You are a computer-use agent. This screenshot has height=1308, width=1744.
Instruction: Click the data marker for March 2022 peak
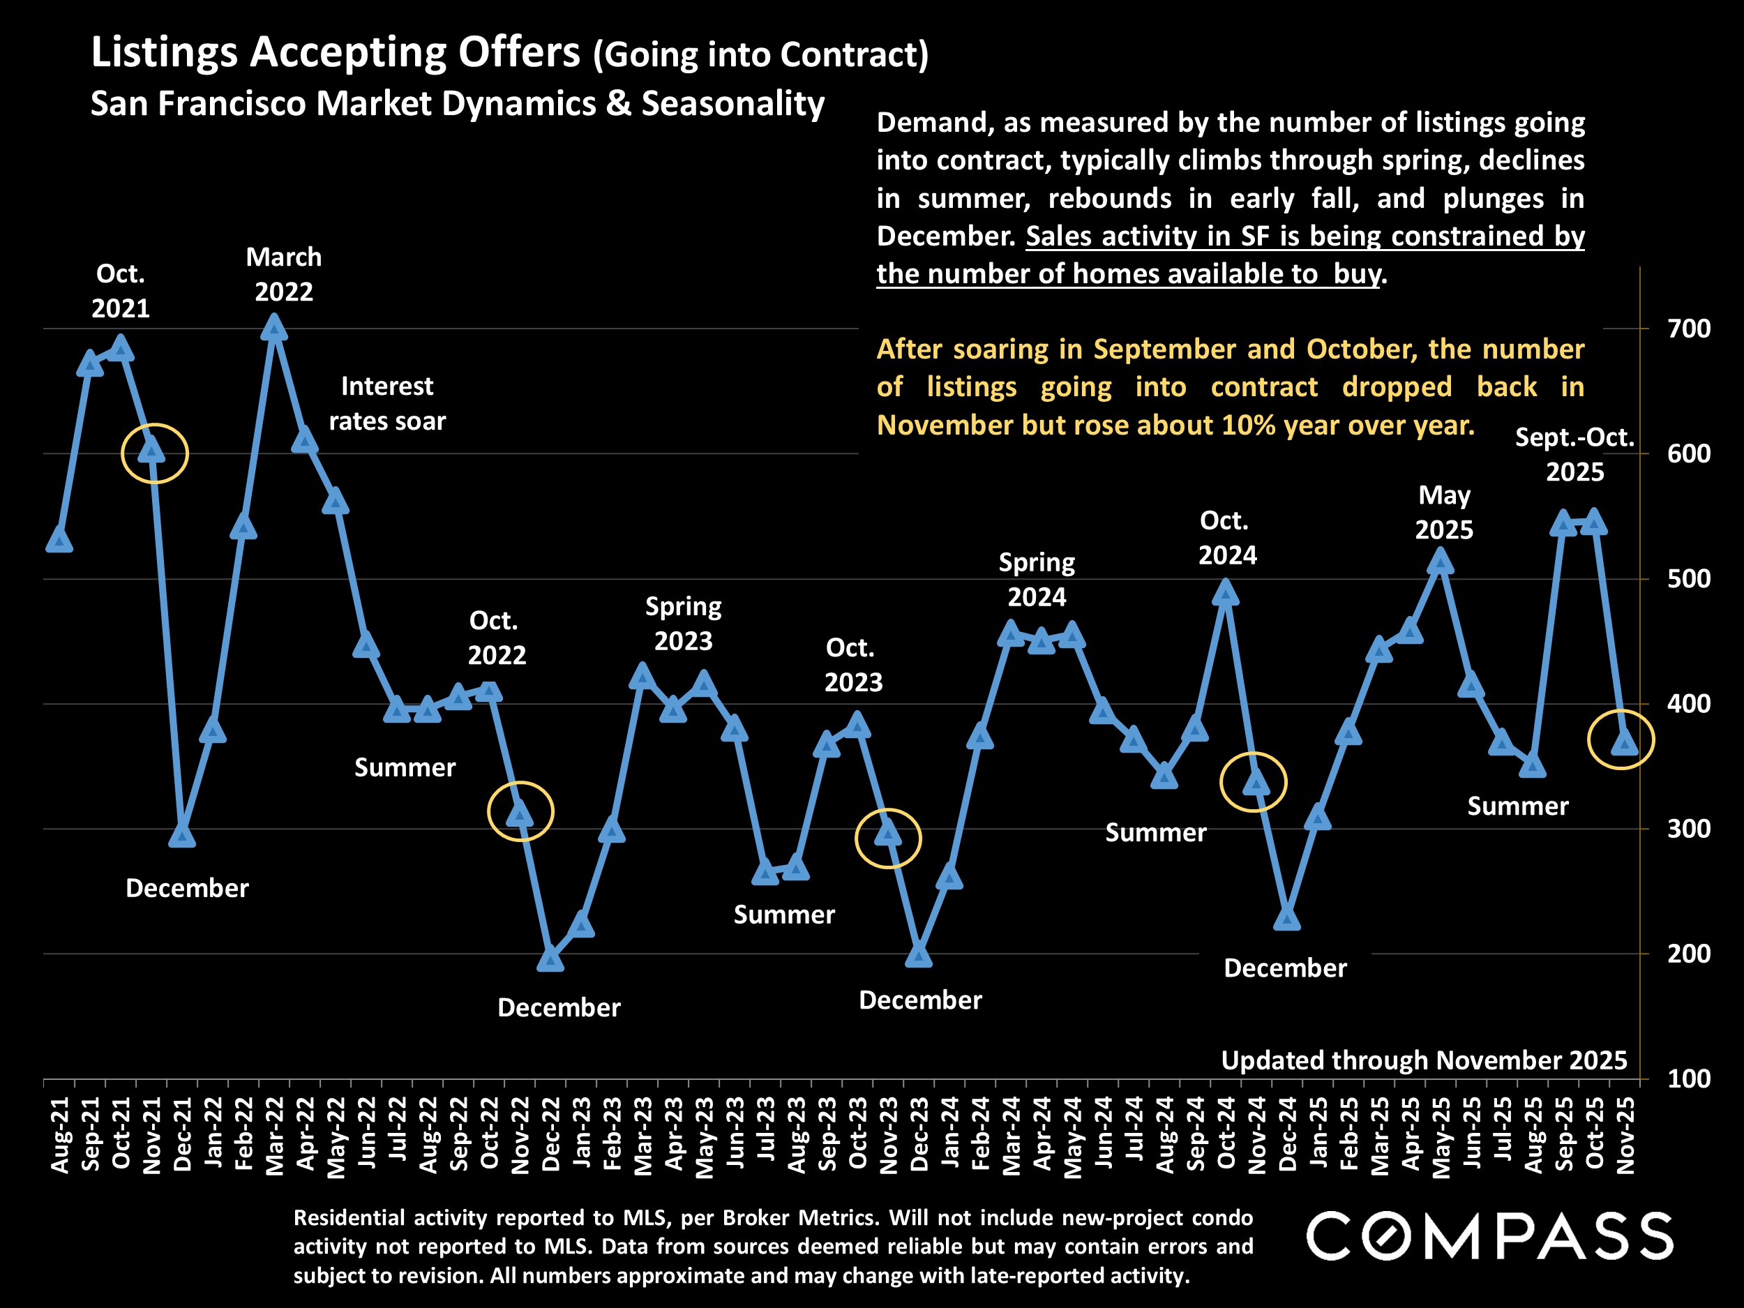(x=273, y=327)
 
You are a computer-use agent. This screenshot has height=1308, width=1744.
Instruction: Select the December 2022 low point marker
(x=550, y=959)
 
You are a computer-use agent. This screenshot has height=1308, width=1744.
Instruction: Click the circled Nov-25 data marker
(x=1624, y=743)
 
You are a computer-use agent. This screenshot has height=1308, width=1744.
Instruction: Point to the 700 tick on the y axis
(x=1689, y=329)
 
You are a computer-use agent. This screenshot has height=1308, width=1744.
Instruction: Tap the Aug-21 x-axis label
(x=61, y=1135)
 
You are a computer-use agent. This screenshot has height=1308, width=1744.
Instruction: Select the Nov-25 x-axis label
(x=1625, y=1135)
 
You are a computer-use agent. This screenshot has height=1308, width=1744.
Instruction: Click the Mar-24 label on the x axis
(x=1012, y=1135)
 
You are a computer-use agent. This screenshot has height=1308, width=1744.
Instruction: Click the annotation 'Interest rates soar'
(x=387, y=404)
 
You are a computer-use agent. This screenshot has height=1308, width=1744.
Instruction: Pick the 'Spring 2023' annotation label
(x=683, y=624)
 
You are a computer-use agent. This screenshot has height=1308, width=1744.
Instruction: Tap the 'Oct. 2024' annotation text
(x=1227, y=538)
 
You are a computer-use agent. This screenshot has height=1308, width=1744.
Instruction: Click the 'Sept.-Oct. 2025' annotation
(x=1574, y=454)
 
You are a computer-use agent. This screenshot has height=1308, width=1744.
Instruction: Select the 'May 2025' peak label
(x=1443, y=513)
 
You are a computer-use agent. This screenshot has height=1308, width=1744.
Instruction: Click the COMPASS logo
(x=1489, y=1236)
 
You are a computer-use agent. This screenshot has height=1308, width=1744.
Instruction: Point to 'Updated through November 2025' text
(x=1424, y=1060)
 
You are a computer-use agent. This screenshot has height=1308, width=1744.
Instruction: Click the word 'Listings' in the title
(x=164, y=52)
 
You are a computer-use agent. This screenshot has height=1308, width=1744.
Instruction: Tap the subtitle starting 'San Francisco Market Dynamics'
(x=458, y=104)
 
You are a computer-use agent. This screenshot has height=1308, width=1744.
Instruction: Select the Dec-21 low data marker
(x=182, y=835)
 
